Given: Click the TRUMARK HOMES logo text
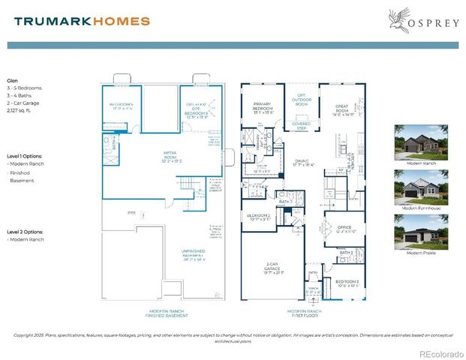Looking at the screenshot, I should click(82, 21).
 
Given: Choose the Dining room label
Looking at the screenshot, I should click(302, 162).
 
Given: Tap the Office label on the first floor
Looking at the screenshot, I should click(344, 229).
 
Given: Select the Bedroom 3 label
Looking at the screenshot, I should click(347, 282).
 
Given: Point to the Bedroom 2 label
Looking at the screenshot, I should click(259, 217).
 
